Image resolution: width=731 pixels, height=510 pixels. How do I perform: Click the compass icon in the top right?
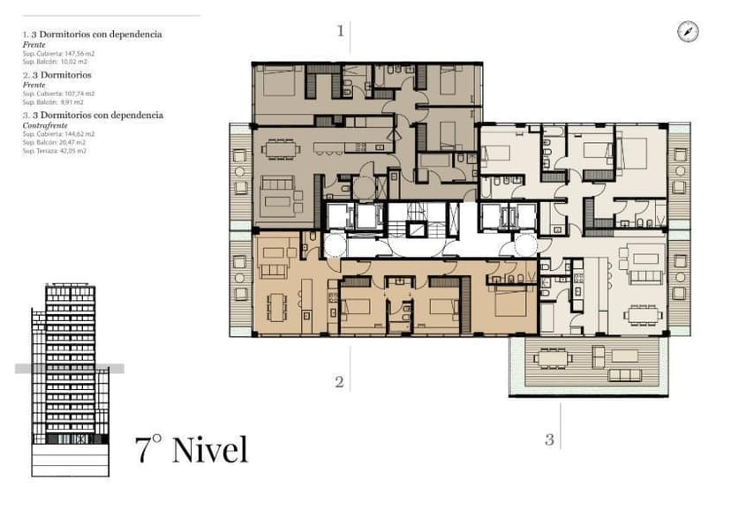pos(688,31)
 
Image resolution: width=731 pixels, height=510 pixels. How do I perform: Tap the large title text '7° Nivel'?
pos(192,449)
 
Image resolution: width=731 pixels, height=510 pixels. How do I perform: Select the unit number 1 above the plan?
pos(340,31)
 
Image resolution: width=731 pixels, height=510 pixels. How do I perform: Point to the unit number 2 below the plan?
pos(339,382)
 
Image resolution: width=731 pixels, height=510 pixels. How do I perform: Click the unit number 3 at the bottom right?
pos(549,439)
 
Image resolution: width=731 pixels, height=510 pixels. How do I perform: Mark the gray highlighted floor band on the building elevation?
pos(69,369)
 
